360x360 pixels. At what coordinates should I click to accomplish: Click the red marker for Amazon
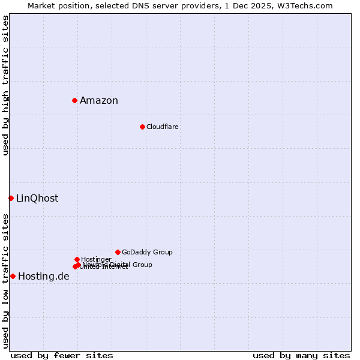[x=74, y=100]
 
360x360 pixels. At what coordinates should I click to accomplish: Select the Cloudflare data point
[x=142, y=127]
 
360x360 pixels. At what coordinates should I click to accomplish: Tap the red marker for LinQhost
[x=11, y=198]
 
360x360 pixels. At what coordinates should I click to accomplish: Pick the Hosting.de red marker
[x=13, y=276]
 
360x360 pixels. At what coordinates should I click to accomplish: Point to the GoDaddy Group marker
[x=118, y=252]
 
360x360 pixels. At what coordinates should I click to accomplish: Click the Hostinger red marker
[x=77, y=259]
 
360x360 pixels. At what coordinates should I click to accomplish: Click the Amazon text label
[x=99, y=101]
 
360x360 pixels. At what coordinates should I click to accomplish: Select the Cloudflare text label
[x=163, y=127]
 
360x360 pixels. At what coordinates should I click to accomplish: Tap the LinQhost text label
[x=37, y=199]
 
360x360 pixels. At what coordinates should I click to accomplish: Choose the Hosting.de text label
[x=44, y=277]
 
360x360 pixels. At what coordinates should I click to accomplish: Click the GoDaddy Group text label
[x=147, y=253]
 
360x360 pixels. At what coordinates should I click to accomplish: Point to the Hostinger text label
[x=96, y=259]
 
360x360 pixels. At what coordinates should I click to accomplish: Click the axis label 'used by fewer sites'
[x=62, y=355]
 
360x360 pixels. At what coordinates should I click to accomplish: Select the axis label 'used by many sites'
[x=301, y=355]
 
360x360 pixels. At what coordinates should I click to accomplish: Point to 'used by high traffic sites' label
[x=6, y=85]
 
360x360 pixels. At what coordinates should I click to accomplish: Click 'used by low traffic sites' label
[x=6, y=280]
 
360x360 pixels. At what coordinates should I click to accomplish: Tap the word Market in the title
[x=43, y=5]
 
